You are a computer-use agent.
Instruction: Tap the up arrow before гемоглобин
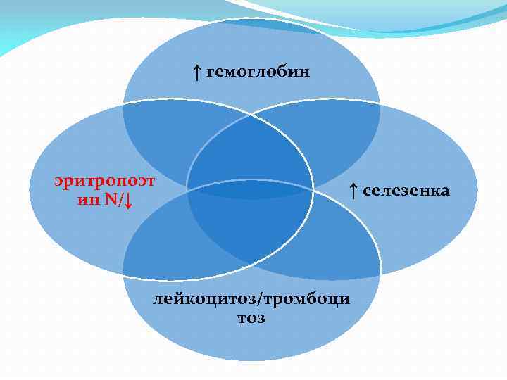pyautogui.click(x=197, y=72)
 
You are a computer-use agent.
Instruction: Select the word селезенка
pyautogui.click(x=406, y=189)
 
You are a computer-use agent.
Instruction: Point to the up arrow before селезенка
pyautogui.click(x=353, y=189)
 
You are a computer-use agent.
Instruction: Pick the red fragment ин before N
pyautogui.click(x=87, y=201)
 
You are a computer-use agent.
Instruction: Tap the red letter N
pyautogui.click(x=111, y=201)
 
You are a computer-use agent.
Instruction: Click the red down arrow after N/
pyautogui.click(x=127, y=202)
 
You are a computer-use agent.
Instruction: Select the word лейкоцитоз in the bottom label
pyautogui.click(x=206, y=300)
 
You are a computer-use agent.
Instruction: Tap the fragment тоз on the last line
pyautogui.click(x=251, y=318)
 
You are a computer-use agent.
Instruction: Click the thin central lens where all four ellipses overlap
pyautogui.click(x=250, y=189)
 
